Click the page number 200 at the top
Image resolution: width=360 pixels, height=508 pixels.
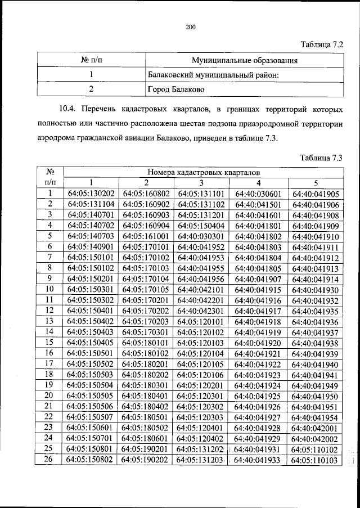pos(190,26)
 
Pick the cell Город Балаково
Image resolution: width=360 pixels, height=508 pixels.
pos(176,89)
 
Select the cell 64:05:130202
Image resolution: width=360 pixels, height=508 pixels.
pos(91,194)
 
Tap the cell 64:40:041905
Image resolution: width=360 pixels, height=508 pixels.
pos(316,195)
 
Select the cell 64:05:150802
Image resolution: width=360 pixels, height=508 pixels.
pos(91,460)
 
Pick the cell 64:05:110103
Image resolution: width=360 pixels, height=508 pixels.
pos(316,460)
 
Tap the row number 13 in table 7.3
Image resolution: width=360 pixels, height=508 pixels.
pos(49,321)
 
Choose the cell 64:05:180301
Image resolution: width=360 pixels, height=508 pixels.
pos(146,385)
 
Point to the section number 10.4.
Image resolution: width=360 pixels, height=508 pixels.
pos(69,108)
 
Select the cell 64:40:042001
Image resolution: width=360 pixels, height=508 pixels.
pos(316,428)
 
